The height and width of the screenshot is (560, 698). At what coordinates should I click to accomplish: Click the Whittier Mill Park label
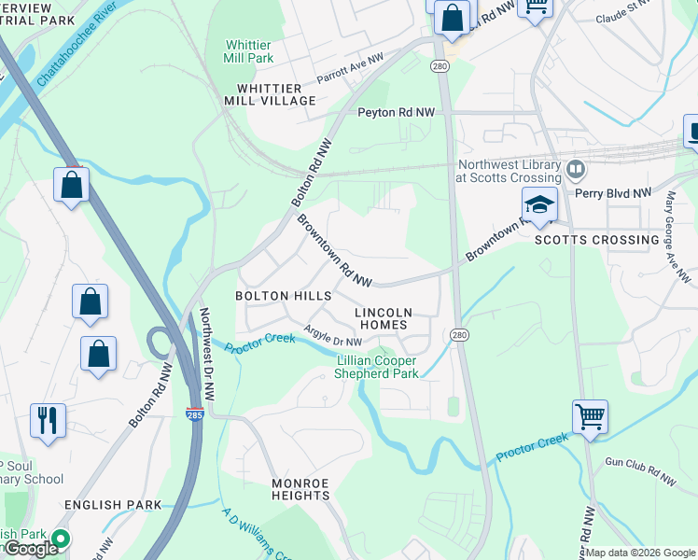248,50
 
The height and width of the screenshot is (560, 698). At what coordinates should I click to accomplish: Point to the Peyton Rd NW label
397,112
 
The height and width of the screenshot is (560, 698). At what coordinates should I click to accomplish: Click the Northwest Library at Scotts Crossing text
510,170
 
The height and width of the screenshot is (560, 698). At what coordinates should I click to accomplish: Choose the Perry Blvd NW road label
612,193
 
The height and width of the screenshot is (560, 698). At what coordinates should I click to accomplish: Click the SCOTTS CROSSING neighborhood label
597,240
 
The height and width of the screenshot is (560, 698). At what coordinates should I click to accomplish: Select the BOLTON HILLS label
283,296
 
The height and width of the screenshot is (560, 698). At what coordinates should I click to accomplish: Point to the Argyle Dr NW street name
332,336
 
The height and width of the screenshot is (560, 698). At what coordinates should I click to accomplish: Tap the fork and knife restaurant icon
47,420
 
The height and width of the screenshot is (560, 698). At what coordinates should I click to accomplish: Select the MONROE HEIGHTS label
300,489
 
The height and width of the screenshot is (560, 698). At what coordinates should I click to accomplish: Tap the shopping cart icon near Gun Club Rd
590,417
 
